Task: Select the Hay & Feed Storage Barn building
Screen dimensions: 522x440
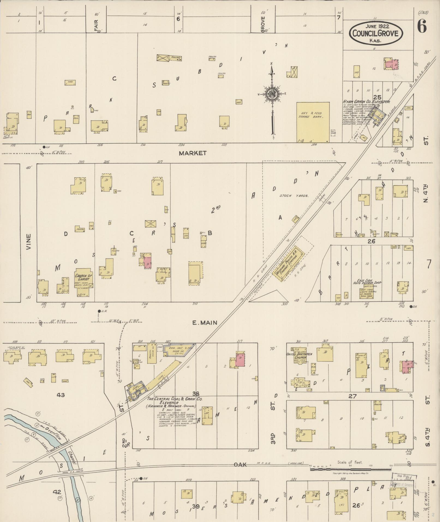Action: click(x=313, y=122)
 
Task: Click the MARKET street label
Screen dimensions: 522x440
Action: click(x=193, y=153)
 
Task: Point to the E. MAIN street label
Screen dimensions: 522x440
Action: click(x=205, y=323)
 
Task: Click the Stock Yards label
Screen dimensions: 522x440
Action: click(x=294, y=196)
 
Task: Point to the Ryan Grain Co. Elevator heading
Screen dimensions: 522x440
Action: click(x=366, y=102)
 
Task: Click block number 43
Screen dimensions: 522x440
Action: click(x=61, y=395)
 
